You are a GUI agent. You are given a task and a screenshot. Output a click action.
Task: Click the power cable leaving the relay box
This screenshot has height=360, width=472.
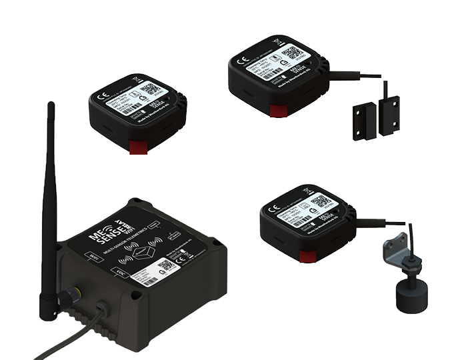coord(73,327)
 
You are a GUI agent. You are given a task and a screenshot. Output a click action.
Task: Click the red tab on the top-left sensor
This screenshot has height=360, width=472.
coord(138,145)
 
